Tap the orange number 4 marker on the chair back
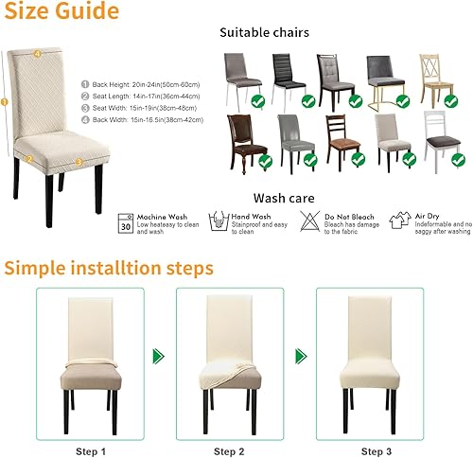pos(37,54)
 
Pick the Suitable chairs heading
pos(264,32)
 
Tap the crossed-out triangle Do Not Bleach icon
pos(308,221)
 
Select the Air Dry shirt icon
pos(399,221)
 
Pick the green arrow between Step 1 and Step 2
pos(158,356)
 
